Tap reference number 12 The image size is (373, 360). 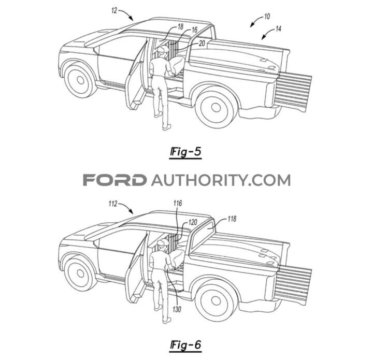click(x=114, y=9)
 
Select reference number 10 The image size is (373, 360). click(x=266, y=17)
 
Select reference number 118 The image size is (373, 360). click(x=231, y=219)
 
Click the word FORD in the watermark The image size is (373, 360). click(x=114, y=180)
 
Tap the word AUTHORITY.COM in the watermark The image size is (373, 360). click(x=221, y=180)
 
